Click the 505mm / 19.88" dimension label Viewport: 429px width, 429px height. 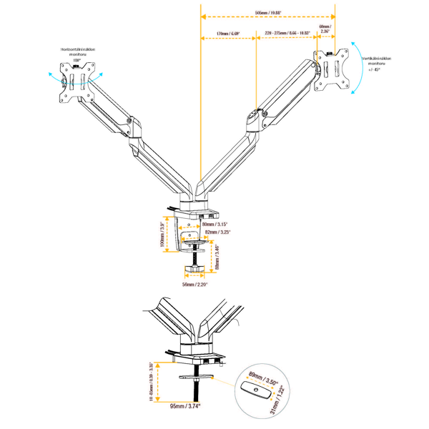coord(268,11)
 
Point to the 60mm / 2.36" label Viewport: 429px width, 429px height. coord(326,30)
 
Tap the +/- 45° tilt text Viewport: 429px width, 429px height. coord(375,70)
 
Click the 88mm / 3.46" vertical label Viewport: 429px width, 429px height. coord(217,257)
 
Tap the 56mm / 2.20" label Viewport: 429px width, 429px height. coord(194,284)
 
